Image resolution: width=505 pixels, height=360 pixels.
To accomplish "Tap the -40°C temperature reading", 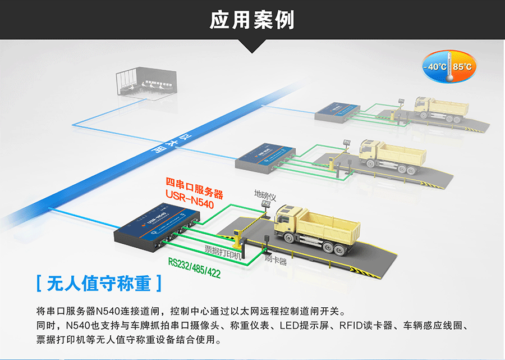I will click(435, 67).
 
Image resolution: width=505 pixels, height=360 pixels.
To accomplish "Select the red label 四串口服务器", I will click(195, 185).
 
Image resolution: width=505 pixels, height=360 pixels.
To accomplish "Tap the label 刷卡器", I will click(276, 261).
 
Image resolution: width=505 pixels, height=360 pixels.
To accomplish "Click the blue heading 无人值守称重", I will click(99, 283).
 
